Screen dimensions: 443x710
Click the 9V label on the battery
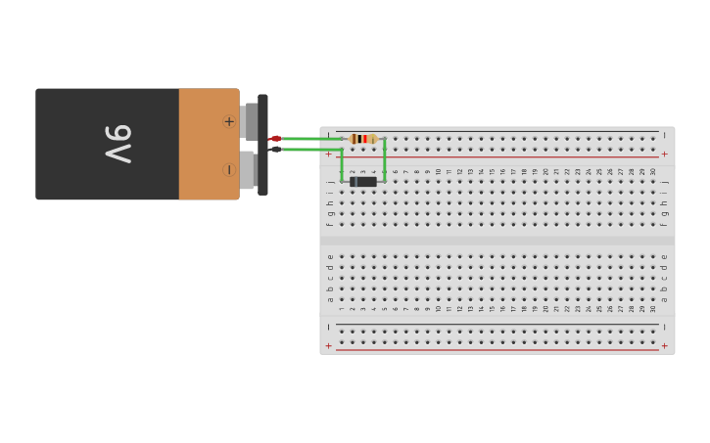click(x=118, y=144)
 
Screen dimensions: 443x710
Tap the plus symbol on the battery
click(x=229, y=121)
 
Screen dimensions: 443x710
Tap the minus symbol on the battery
click(x=229, y=169)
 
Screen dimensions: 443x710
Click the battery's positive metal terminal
click(x=250, y=121)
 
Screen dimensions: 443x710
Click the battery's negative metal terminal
click(x=248, y=169)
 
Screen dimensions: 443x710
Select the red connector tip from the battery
click(x=276, y=139)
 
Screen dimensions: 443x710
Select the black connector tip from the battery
click(x=276, y=149)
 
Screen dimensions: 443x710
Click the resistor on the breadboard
click(x=363, y=139)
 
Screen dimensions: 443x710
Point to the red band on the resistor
click(x=365, y=139)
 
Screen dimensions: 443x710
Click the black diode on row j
click(x=363, y=181)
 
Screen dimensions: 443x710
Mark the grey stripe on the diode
click(x=353, y=181)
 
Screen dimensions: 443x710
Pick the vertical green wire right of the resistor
click(x=385, y=159)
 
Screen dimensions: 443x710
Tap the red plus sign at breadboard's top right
click(x=665, y=154)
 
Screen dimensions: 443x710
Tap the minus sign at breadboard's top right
click(x=665, y=134)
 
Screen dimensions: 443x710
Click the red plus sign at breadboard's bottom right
click(x=665, y=346)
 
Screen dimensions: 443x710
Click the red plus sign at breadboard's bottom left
click(x=329, y=346)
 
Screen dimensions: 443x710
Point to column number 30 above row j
click(x=653, y=171)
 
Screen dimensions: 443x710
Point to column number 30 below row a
click(x=653, y=308)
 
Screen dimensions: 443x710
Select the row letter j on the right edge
click(x=665, y=181)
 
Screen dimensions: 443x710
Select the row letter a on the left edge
click(x=330, y=298)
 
